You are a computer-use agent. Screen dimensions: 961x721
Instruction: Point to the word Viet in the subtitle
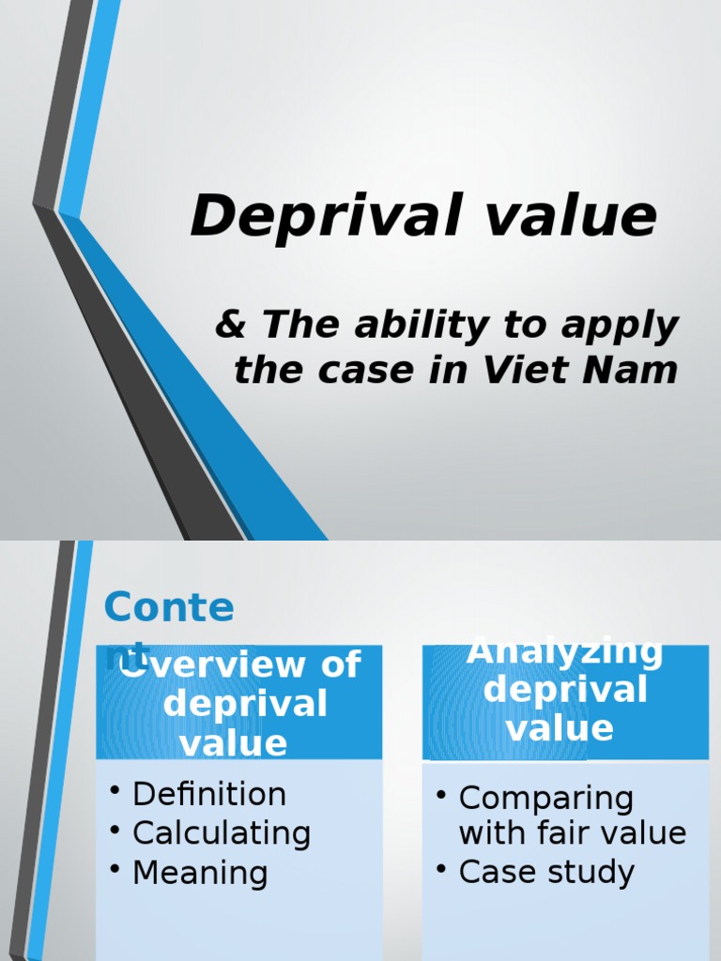[x=526, y=370]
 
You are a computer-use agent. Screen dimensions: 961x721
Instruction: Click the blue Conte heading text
[x=169, y=608]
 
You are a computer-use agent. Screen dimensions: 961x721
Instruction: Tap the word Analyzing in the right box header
[x=564, y=651]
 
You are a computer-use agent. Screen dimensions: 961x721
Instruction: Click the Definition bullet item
[x=209, y=794]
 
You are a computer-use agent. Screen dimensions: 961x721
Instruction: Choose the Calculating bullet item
[x=222, y=833]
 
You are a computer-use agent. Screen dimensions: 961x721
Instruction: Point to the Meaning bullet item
[x=200, y=873]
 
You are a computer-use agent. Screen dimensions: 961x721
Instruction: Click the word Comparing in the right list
[x=546, y=799]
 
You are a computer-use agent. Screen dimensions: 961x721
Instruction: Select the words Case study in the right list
[x=546, y=872]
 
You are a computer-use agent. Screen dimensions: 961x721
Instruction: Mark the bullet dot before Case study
[x=441, y=868]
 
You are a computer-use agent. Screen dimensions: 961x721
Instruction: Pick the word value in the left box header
[x=234, y=743]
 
